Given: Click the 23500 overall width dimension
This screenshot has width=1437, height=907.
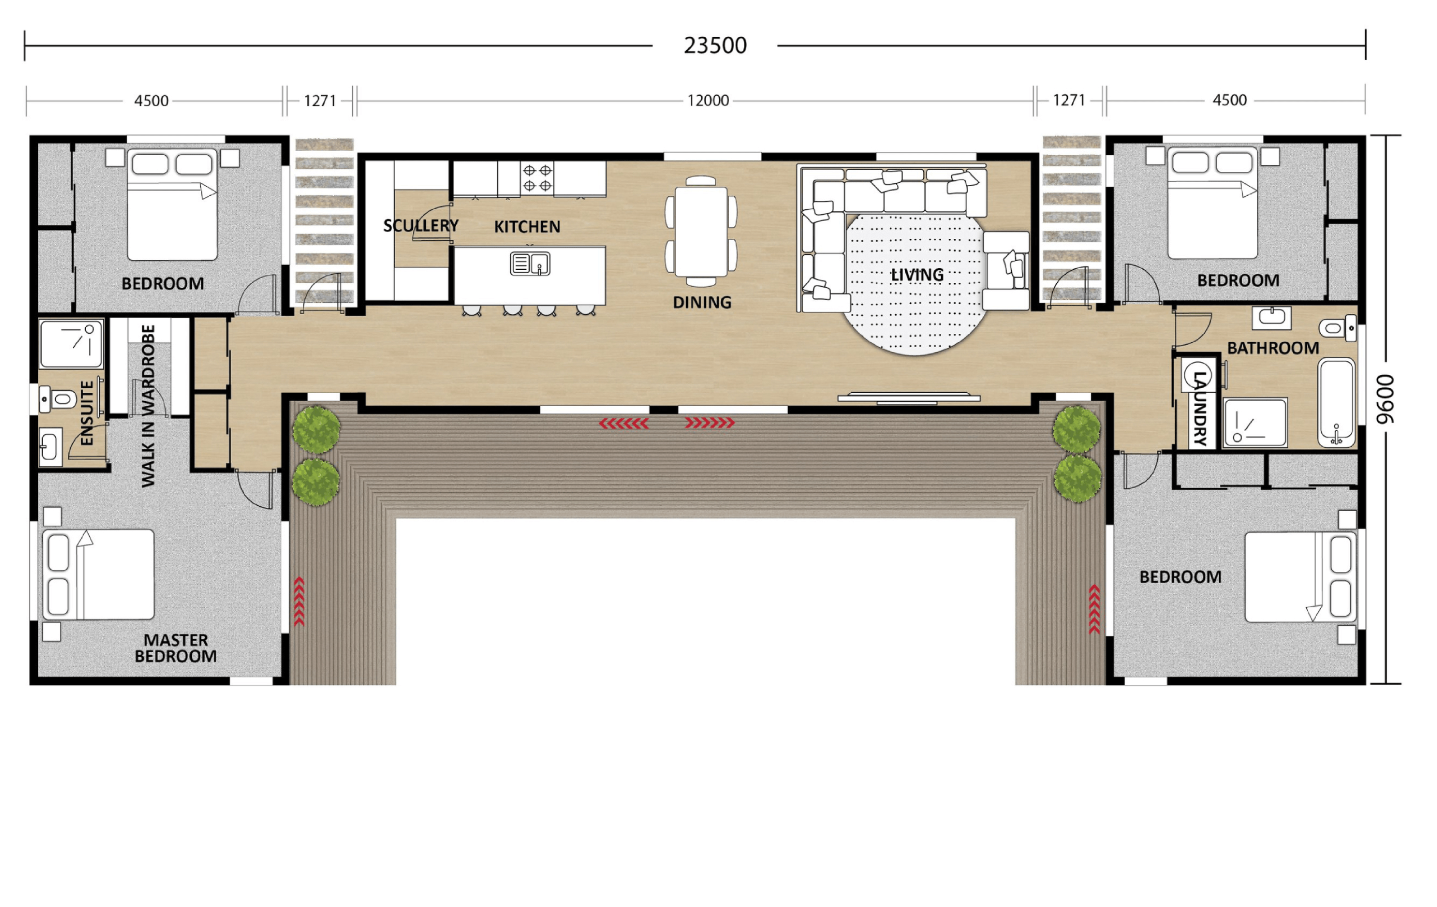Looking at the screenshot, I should pyautogui.click(x=715, y=45).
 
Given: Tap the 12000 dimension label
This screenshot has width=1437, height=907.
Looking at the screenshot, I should pyautogui.click(x=708, y=100).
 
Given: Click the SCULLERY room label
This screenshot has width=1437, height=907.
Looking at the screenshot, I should pyautogui.click(x=421, y=225).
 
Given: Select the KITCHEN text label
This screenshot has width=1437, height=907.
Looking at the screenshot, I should pyautogui.click(x=527, y=227).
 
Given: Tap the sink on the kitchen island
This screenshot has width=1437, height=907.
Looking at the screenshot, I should pyautogui.click(x=530, y=263).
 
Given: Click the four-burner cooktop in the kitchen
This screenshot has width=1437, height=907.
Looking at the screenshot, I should pyautogui.click(x=537, y=178).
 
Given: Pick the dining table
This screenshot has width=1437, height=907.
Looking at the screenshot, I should pyautogui.click(x=701, y=232).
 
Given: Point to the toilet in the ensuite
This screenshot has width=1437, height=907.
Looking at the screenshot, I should pyautogui.click(x=58, y=399).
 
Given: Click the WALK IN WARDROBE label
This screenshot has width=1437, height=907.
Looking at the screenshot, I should pyautogui.click(x=148, y=406).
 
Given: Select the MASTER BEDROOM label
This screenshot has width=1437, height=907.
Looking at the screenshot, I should pyautogui.click(x=176, y=648).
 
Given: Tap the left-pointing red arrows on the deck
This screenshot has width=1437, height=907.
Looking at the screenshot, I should pyautogui.click(x=624, y=423).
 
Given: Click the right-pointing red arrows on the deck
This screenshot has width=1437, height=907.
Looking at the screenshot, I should pyautogui.click(x=710, y=423).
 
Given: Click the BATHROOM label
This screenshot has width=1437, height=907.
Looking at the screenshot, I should pyautogui.click(x=1272, y=348).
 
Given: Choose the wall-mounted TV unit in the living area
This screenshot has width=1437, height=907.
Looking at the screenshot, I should pyautogui.click(x=908, y=397).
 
